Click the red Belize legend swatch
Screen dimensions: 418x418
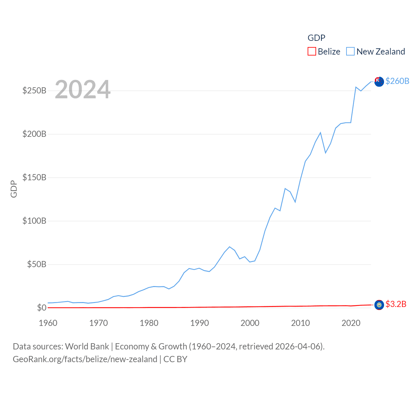[x=312, y=52]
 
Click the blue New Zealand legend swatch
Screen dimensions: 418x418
[x=350, y=52]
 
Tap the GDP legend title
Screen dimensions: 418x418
[x=316, y=38]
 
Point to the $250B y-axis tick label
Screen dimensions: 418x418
[x=34, y=90]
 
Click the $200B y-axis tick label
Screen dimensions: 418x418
[x=34, y=134]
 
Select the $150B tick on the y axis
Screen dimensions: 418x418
[x=34, y=177]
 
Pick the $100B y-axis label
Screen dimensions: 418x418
[x=34, y=221]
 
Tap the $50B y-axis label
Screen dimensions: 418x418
[x=37, y=264]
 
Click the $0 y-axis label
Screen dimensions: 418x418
[x=41, y=308]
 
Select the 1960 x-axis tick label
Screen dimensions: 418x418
[x=48, y=323]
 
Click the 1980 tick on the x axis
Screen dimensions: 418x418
[x=149, y=323]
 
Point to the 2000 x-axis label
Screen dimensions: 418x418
[x=250, y=323]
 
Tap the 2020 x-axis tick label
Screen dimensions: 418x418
[x=351, y=323]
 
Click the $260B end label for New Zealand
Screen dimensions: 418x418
[x=397, y=81]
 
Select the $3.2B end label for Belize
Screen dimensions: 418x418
[x=396, y=304]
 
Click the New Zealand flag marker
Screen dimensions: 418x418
[x=379, y=82]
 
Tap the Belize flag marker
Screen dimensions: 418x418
[x=379, y=305]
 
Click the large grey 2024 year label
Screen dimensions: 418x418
[x=83, y=89]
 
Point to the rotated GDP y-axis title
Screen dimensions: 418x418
[x=14, y=189]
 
